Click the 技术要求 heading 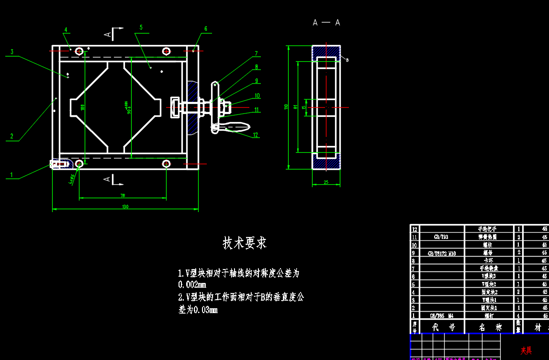click(245, 243)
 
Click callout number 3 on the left click(11, 52)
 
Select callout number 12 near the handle click(256, 135)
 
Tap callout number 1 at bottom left click(11, 175)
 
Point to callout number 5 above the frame click(141, 28)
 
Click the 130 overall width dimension click(125, 207)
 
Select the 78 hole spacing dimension click(123, 195)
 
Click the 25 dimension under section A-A click(326, 182)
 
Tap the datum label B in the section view click(347, 60)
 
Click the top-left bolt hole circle click(79, 50)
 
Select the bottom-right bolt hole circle click(166, 164)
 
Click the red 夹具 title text click(526, 351)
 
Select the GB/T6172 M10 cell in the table click(442, 253)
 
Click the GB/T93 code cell click(442, 237)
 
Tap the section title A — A click(326, 22)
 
